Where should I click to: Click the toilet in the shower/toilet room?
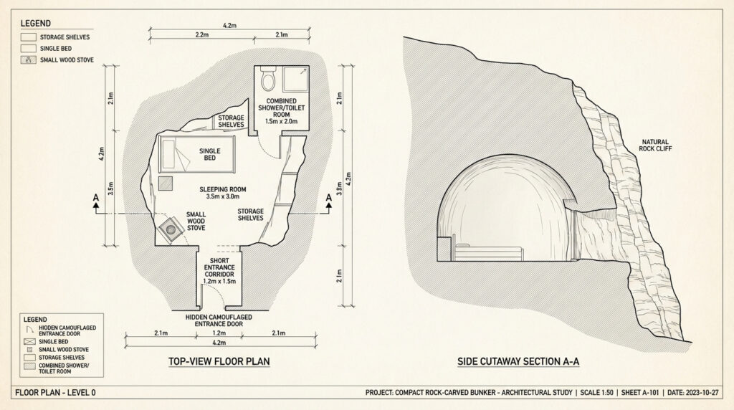pos(268,77)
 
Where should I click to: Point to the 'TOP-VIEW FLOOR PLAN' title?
pos(219,362)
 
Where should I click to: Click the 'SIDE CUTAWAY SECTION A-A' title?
pos(518,362)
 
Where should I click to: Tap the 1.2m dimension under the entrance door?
pos(219,333)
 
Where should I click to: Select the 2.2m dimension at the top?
pos(201,34)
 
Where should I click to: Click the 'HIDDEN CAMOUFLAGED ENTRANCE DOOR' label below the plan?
pos(219,320)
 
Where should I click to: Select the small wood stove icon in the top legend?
pos(29,60)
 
